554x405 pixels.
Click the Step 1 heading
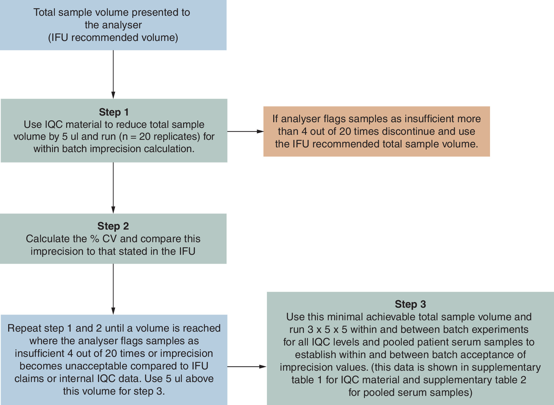coord(114,112)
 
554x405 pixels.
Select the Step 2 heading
coord(113,226)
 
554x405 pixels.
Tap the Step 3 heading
coord(410,304)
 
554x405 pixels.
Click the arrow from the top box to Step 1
coord(113,75)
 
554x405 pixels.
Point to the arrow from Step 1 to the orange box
coord(245,131)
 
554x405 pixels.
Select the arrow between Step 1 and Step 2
coord(113,188)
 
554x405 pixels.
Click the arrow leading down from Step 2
coord(113,289)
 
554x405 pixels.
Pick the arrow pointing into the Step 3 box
coord(247,367)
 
